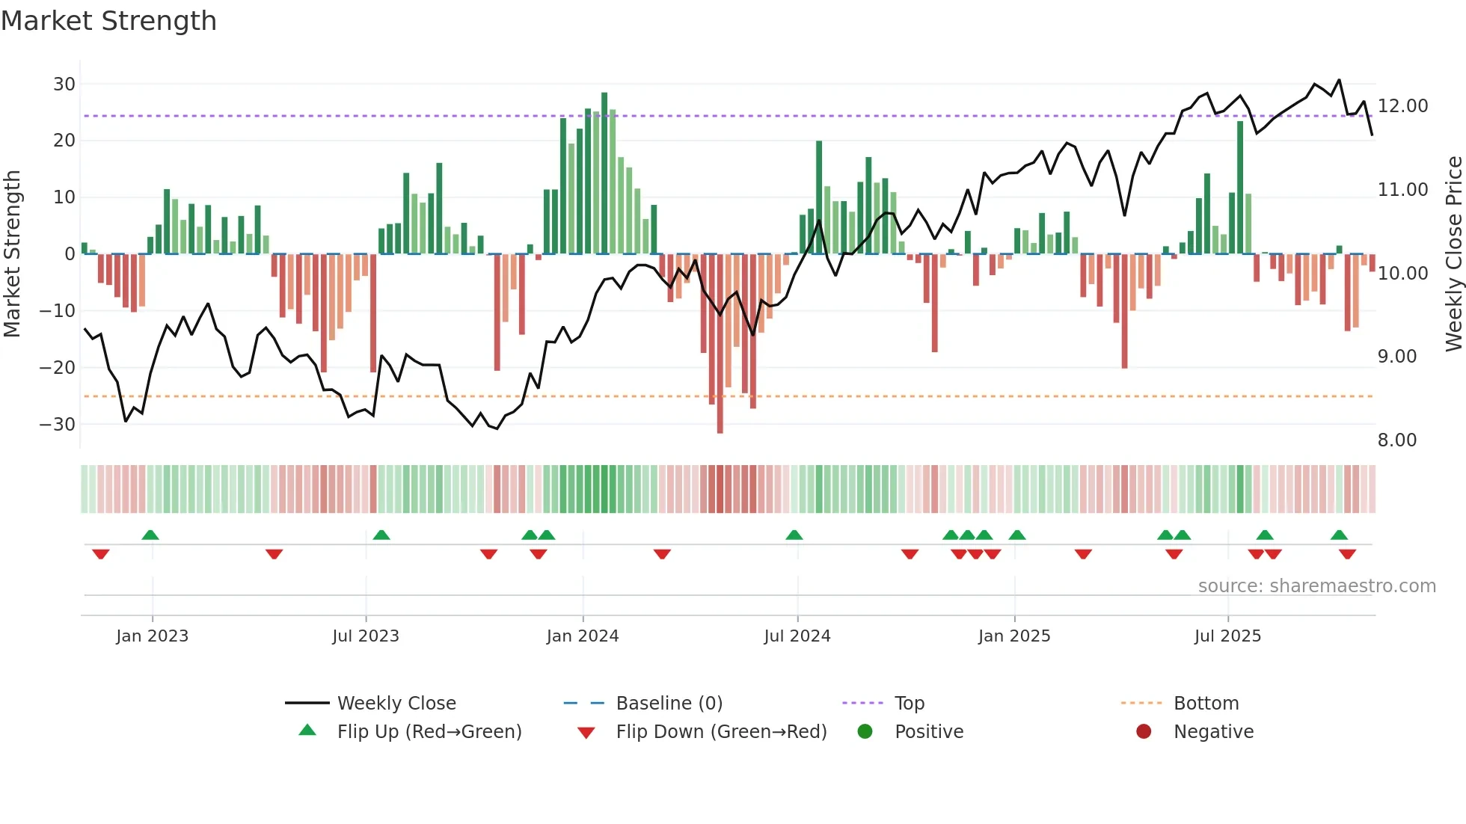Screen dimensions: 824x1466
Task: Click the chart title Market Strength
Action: click(108, 21)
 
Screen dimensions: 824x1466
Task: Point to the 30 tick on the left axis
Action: click(64, 84)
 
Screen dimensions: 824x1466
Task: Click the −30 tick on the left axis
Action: click(58, 425)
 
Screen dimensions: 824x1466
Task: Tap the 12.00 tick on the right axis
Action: click(1402, 106)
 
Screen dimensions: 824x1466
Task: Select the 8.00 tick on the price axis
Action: click(1396, 440)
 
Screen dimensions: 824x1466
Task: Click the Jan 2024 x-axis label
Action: click(582, 636)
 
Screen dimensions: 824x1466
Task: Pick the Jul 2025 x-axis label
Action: click(1227, 636)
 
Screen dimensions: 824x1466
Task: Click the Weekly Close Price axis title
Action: click(1453, 254)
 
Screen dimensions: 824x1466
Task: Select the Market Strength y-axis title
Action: click(12, 254)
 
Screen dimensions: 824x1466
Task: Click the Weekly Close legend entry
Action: click(396, 704)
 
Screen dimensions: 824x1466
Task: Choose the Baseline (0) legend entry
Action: click(669, 704)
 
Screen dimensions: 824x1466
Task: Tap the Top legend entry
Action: click(909, 704)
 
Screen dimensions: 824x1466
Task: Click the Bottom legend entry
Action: click(1206, 704)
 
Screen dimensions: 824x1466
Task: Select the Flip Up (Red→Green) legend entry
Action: click(429, 732)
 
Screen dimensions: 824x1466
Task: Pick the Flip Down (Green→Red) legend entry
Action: click(720, 732)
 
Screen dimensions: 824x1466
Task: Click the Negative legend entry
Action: click(1212, 732)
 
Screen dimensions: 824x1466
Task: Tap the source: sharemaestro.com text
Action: click(1316, 586)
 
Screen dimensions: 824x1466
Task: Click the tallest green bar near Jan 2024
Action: click(604, 172)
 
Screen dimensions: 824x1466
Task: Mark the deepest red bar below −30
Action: click(720, 344)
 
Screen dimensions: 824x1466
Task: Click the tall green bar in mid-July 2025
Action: click(1240, 187)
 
